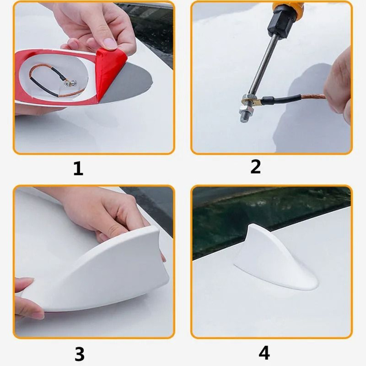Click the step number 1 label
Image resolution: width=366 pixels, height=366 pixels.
click(x=78, y=169)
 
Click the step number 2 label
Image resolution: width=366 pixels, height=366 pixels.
click(x=255, y=167)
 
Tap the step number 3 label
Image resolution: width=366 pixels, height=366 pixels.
click(x=79, y=354)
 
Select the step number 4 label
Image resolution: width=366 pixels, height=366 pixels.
click(x=264, y=353)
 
